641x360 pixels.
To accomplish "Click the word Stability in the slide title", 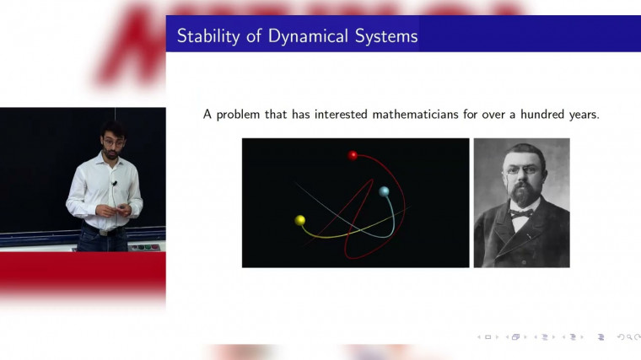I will [x=205, y=36].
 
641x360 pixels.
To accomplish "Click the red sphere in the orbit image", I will [x=353, y=155].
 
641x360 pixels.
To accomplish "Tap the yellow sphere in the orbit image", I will [x=299, y=220].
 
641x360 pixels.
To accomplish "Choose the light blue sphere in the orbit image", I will [x=384, y=191].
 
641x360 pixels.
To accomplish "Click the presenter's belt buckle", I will [x=105, y=229].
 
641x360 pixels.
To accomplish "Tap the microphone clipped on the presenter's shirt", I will [x=114, y=184].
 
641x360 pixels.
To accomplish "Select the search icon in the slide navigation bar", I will [x=626, y=337].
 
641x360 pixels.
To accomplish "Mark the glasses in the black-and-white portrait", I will [x=519, y=173].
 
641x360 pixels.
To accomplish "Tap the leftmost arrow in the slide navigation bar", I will [x=480, y=337].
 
